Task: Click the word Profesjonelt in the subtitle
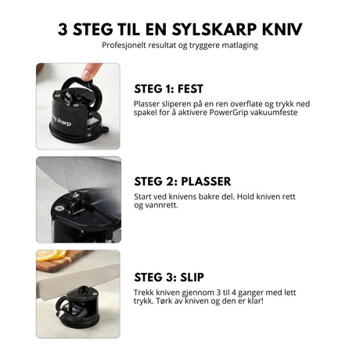(125, 45)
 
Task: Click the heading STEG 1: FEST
(169, 88)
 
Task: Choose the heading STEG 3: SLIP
(167, 275)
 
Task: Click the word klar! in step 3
(276, 300)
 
